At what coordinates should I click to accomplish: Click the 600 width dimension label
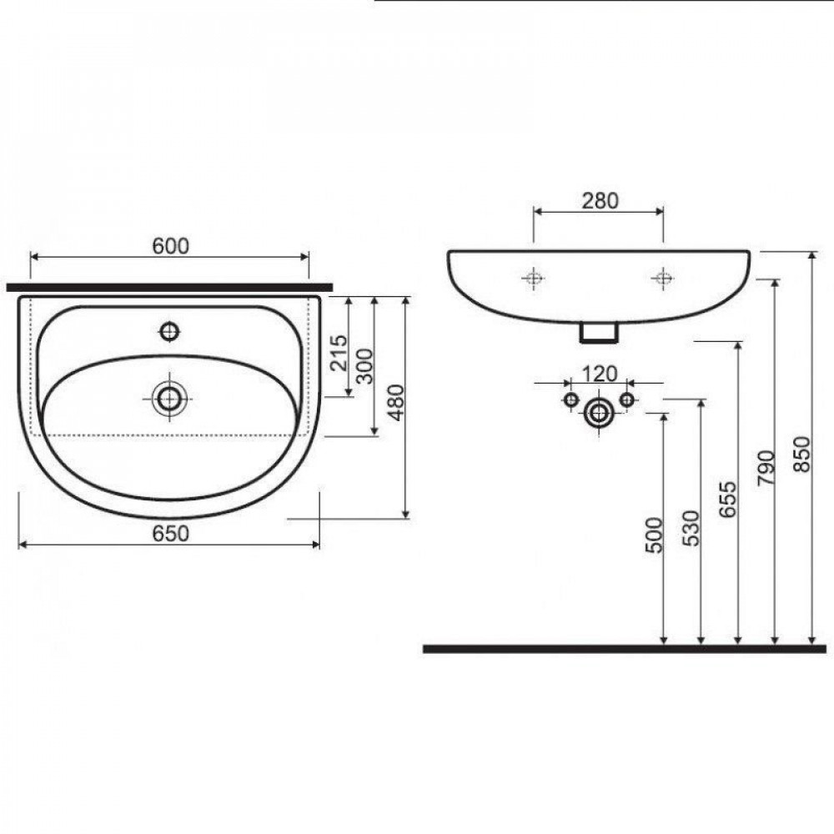170,246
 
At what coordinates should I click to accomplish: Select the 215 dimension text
339,352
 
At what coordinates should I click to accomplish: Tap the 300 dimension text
364,366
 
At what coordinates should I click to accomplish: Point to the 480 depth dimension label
396,403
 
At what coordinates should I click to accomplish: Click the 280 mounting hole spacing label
600,201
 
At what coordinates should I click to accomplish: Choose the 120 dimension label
600,374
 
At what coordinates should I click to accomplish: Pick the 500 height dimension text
654,535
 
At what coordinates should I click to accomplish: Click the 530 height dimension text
691,528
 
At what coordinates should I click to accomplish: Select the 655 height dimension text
727,499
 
